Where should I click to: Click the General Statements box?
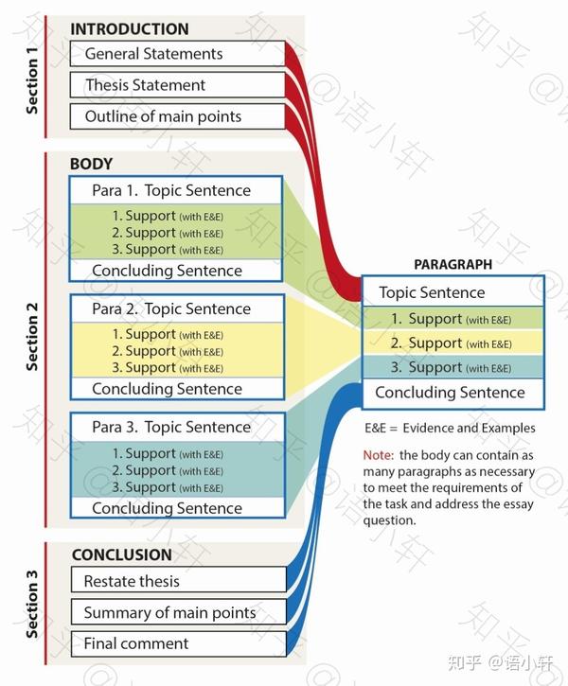178,54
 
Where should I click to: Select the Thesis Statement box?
178,85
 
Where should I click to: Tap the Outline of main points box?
178,116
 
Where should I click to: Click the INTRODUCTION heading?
130,29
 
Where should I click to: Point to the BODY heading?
92,164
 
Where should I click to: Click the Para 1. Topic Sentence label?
171,190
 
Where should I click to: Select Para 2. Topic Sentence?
171,308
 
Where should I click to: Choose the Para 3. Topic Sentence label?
171,427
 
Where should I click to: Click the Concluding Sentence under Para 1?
167,271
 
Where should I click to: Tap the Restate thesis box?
179,581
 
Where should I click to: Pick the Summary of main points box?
179,612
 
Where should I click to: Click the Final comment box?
179,643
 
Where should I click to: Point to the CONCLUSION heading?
122,554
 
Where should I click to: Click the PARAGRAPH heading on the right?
453,264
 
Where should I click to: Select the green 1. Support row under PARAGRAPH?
453,319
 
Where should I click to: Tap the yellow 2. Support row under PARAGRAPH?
453,343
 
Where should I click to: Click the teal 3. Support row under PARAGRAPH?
453,366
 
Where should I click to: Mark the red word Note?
379,455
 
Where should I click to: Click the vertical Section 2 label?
32,337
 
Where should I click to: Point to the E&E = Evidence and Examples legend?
450,428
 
